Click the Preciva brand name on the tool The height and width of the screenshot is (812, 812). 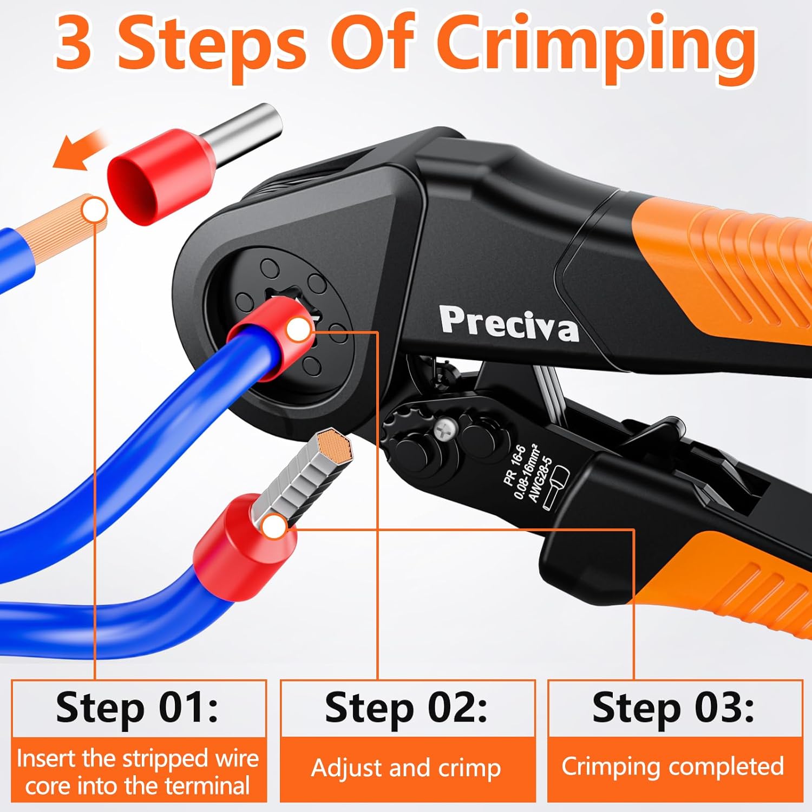point(508,324)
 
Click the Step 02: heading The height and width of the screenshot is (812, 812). point(406,708)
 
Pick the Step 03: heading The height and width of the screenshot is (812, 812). point(673,708)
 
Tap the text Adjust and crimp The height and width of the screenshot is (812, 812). point(406,768)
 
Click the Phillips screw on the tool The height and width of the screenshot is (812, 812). point(445,431)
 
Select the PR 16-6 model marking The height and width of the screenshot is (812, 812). point(514,464)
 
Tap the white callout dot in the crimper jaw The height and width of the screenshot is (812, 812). point(298,330)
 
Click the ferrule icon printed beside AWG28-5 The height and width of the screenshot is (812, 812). point(557,487)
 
